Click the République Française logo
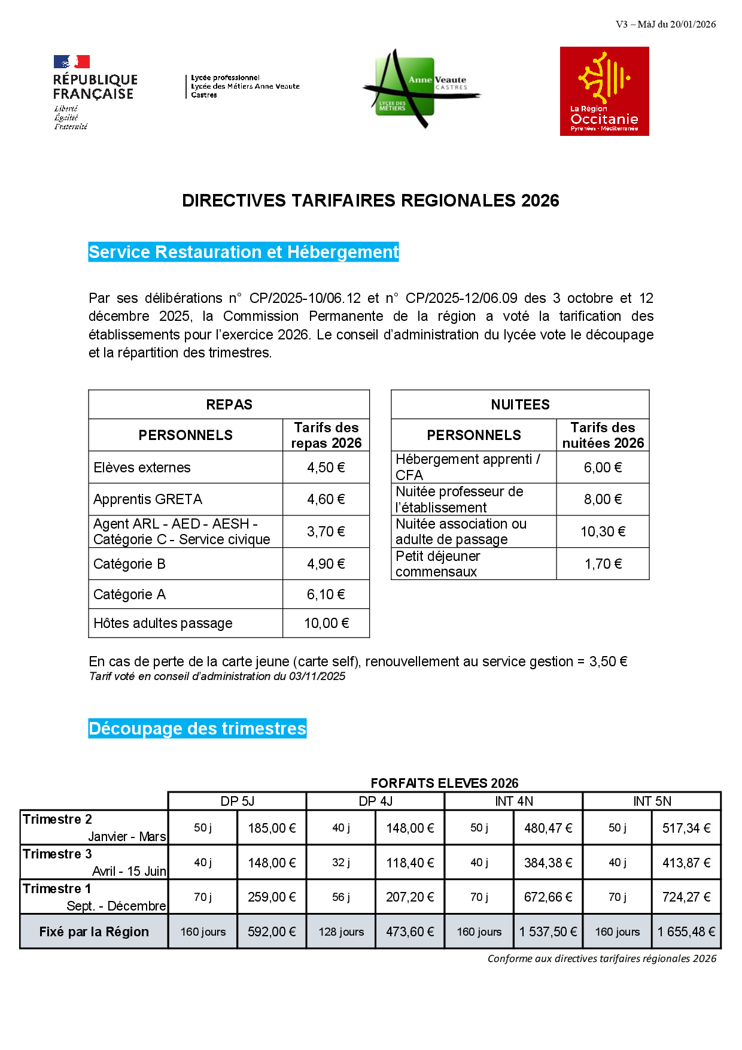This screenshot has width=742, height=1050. point(95,92)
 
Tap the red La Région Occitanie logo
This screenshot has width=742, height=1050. point(604,92)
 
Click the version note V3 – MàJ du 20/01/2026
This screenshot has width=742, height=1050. point(665,25)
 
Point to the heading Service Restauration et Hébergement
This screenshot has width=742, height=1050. point(244,252)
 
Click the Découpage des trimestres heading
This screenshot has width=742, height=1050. point(197,729)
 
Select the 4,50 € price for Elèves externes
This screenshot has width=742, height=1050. point(326,468)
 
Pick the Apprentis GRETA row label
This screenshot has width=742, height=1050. point(148,499)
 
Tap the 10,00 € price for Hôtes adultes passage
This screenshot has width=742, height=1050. point(326,623)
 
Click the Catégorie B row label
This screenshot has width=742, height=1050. point(129,564)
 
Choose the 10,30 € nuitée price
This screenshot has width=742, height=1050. point(603,532)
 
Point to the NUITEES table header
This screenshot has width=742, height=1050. point(520,405)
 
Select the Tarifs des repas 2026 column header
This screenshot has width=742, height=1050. point(326,435)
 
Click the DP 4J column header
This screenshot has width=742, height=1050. point(375,801)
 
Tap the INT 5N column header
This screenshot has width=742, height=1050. point(652,801)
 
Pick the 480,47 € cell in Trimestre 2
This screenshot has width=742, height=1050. point(548,828)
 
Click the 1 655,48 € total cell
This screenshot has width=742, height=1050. point(686,931)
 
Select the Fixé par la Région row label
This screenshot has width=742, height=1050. point(94,931)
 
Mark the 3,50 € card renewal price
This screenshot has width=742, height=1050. point(608,661)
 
